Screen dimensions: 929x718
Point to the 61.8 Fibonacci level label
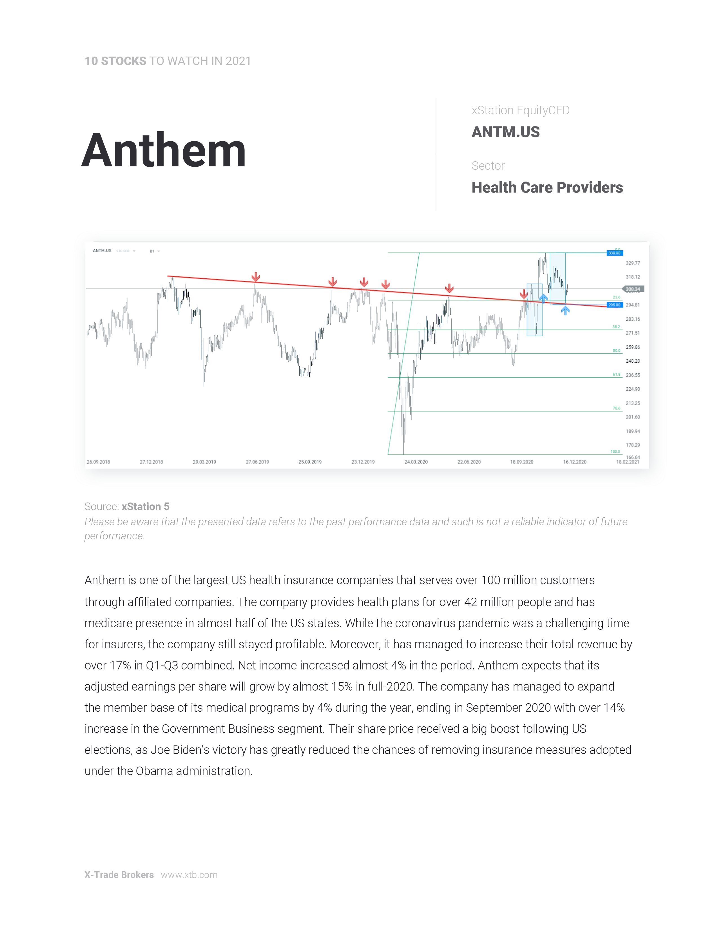[x=616, y=374]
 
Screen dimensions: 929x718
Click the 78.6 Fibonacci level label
[x=616, y=408]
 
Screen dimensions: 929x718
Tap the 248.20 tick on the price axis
[x=632, y=361]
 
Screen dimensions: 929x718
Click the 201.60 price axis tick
[x=632, y=417]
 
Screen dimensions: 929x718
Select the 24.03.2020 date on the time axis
[x=416, y=462]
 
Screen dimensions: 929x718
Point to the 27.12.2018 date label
[x=151, y=462]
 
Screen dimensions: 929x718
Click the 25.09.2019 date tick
[x=310, y=462]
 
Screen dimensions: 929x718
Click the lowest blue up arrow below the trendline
[x=565, y=311]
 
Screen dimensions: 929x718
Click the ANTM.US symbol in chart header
[x=102, y=251]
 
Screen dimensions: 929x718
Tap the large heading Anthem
[x=164, y=151]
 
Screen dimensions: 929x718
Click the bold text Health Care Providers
[x=547, y=187]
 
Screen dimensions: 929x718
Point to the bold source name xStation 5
[x=146, y=507]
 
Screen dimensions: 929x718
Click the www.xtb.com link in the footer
[x=189, y=875]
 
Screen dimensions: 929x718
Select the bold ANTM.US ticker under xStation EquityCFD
[x=505, y=132]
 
